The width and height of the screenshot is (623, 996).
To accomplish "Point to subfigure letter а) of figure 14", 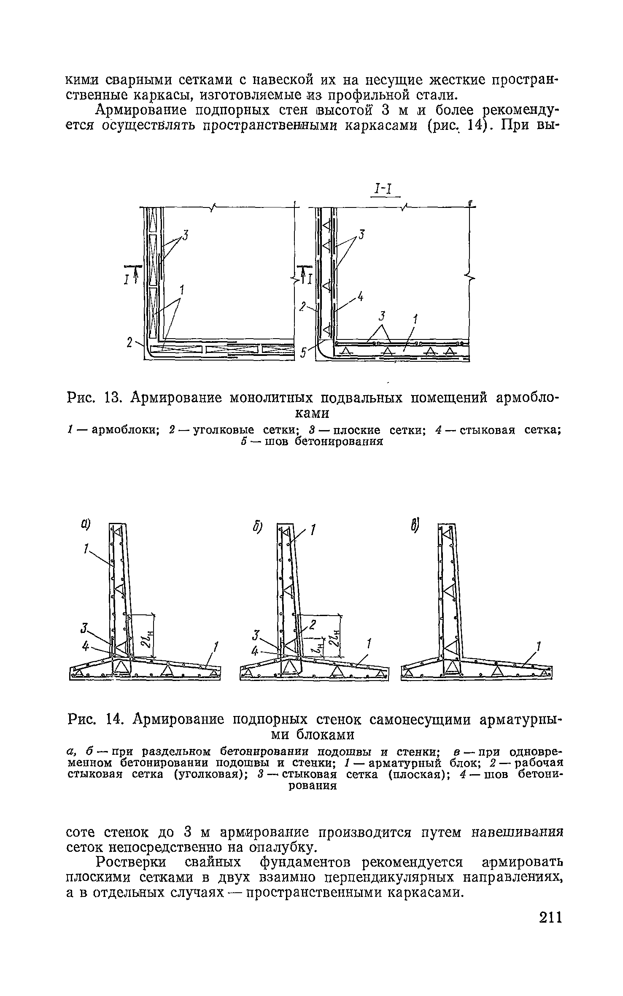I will tap(86, 524).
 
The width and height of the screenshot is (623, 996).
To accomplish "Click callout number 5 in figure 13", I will tap(303, 353).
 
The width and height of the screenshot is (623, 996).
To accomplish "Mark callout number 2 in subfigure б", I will tap(313, 625).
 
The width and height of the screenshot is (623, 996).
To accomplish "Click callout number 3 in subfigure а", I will tap(84, 630).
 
